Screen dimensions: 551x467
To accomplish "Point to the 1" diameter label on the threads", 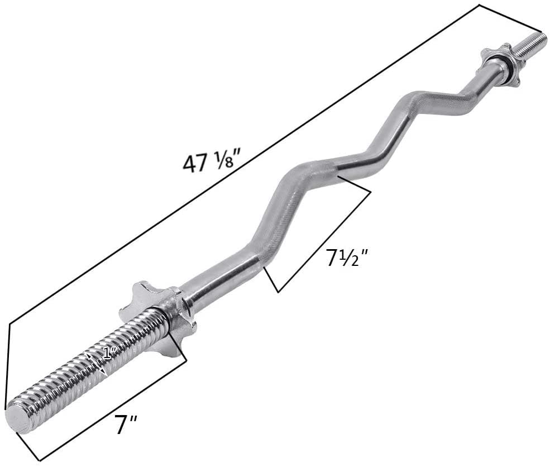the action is coord(109,352).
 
